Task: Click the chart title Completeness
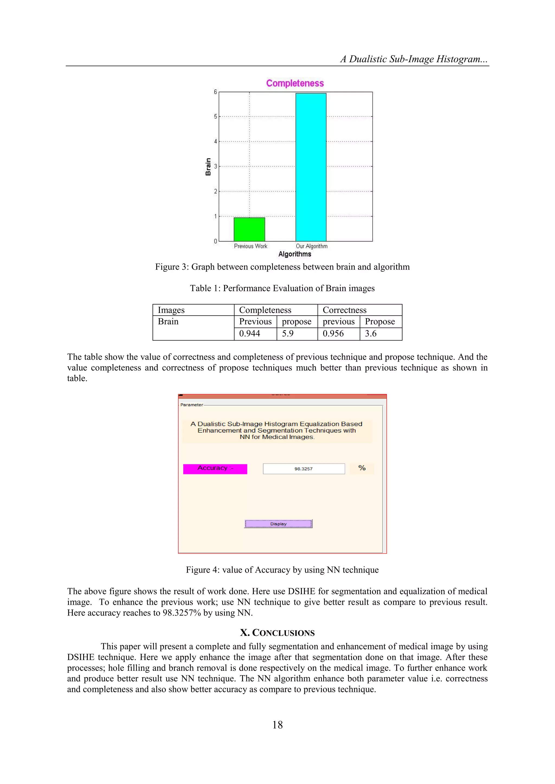click(x=295, y=83)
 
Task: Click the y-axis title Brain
click(x=208, y=167)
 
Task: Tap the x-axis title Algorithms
click(x=295, y=254)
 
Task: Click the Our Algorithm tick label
click(x=311, y=246)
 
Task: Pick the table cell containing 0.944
click(x=255, y=334)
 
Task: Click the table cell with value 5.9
click(x=297, y=334)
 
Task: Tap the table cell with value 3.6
click(x=380, y=334)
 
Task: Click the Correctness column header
click(x=360, y=310)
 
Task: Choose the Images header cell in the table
click(x=193, y=310)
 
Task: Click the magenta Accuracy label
click(x=215, y=469)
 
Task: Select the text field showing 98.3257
click(x=304, y=469)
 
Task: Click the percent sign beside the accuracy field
click(x=362, y=468)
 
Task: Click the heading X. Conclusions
click(x=277, y=633)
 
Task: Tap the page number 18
click(x=277, y=725)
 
